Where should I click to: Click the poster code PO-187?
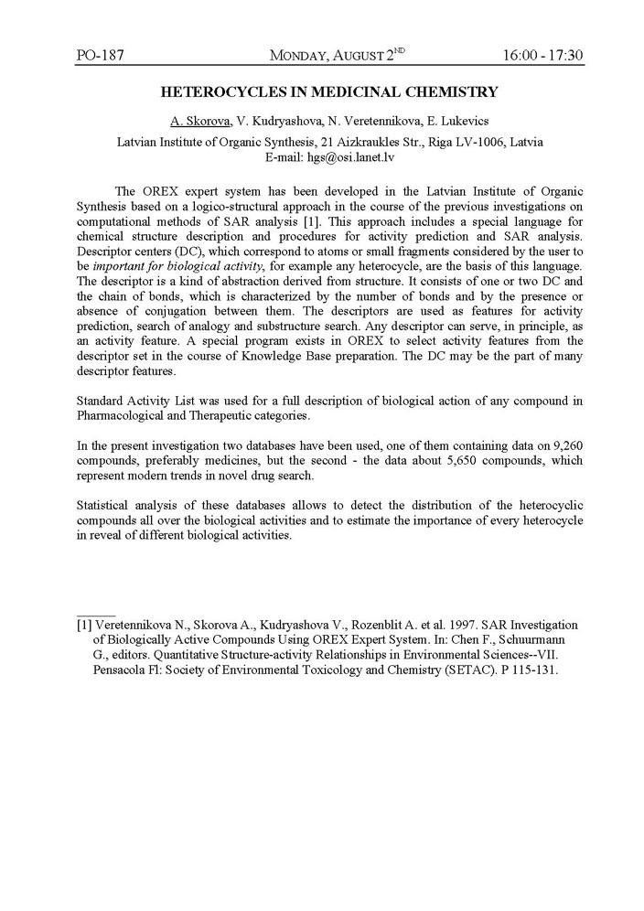[100, 56]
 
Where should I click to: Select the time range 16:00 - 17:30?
[542, 56]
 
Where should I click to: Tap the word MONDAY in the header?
[301, 57]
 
